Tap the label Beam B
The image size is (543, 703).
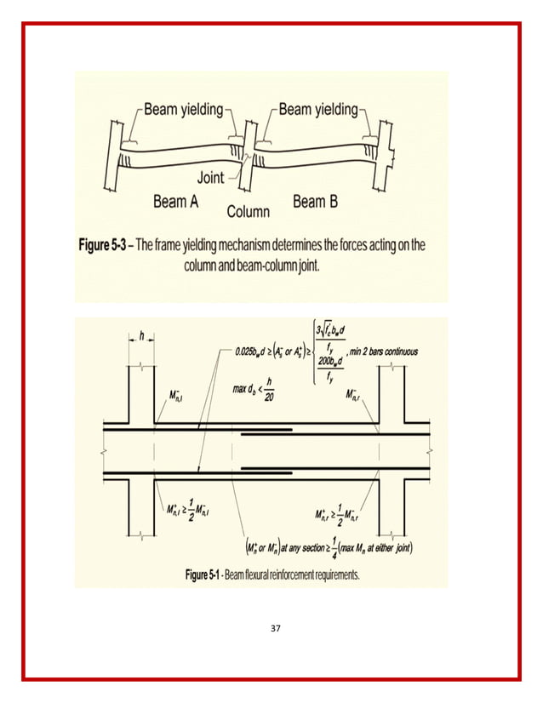point(315,201)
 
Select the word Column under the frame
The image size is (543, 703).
point(248,211)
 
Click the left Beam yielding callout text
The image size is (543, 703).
point(183,109)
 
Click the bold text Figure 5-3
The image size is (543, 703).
point(106,245)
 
